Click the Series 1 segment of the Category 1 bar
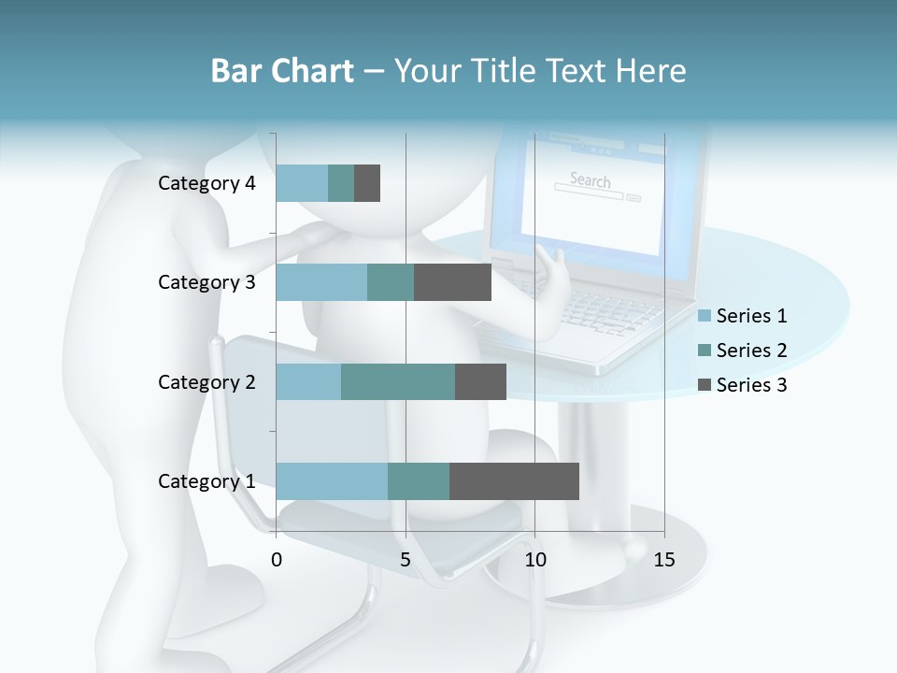click(x=332, y=480)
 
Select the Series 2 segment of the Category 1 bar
click(x=419, y=480)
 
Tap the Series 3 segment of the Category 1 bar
click(x=514, y=480)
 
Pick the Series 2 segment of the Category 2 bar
click(x=398, y=381)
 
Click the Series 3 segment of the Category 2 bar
click(x=480, y=381)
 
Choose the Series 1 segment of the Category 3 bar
click(x=321, y=282)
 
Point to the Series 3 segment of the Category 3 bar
click(x=452, y=282)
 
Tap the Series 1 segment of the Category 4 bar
click(x=302, y=183)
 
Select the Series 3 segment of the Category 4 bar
click(x=367, y=183)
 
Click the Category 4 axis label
click(x=206, y=183)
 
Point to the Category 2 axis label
click(x=206, y=381)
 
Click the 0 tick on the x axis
click(x=277, y=560)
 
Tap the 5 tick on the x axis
click(x=406, y=560)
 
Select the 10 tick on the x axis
click(x=534, y=560)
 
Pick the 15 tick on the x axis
click(x=664, y=560)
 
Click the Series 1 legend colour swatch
click(x=704, y=316)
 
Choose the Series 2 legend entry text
click(x=751, y=351)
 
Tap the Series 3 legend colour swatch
click(x=704, y=385)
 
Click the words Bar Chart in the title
click(x=281, y=71)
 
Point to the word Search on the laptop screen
click(x=590, y=179)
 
